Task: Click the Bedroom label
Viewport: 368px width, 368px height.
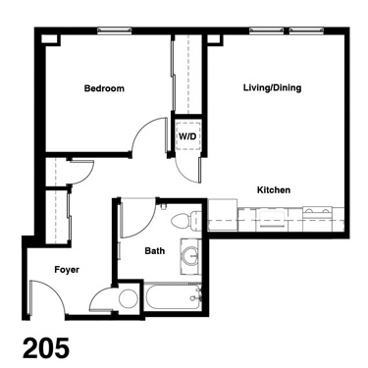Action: pos(104,88)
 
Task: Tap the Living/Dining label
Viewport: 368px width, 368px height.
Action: pos(272,88)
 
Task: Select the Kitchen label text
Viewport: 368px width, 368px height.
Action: pos(274,190)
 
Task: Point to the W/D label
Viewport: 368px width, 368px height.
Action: pos(187,136)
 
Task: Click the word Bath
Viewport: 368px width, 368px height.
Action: pos(155,251)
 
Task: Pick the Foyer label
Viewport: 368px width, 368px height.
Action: pos(67,270)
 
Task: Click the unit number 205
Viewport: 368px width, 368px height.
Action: pos(46,348)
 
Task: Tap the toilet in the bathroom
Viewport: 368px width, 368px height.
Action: pos(186,220)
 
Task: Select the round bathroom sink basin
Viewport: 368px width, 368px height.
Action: pos(190,256)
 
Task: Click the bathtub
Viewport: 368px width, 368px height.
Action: pos(173,296)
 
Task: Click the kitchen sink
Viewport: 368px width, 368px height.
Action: pos(271,219)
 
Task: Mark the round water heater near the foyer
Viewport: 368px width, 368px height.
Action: pos(128,298)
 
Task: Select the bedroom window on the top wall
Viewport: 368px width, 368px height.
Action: pos(115,30)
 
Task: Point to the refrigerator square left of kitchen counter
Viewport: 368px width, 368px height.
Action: pos(223,215)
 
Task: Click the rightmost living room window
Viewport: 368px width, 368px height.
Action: pos(306,30)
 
